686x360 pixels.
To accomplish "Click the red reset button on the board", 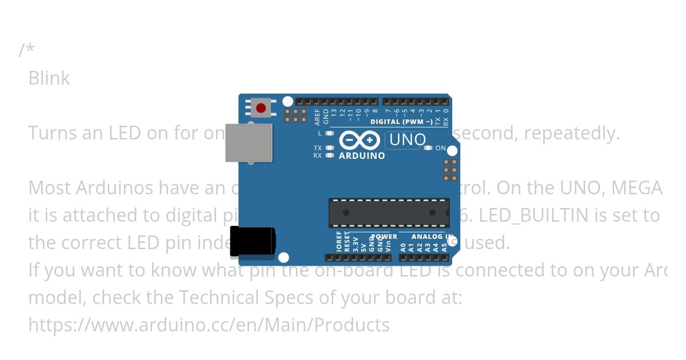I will coord(261,107).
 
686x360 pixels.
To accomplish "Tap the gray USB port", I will coord(249,142).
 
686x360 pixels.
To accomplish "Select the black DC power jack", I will coord(252,241).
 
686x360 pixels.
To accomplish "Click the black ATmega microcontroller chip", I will coord(389,212).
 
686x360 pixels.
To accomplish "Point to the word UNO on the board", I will coord(408,140).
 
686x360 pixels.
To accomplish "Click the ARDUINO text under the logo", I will coord(362,155).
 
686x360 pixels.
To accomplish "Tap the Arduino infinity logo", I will coord(359,140).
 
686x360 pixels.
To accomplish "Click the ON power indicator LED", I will coord(428,148).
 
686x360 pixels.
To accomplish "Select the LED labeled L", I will coord(329,133).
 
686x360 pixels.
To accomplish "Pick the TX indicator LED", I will coord(329,148).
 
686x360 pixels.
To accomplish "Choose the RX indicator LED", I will coord(329,155).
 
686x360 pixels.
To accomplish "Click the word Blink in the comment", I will coord(49,78).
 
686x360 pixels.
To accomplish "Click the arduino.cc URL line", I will coord(209,325).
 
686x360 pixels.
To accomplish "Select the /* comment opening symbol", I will coord(26,50).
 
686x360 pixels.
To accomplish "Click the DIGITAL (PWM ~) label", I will coord(401,122).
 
